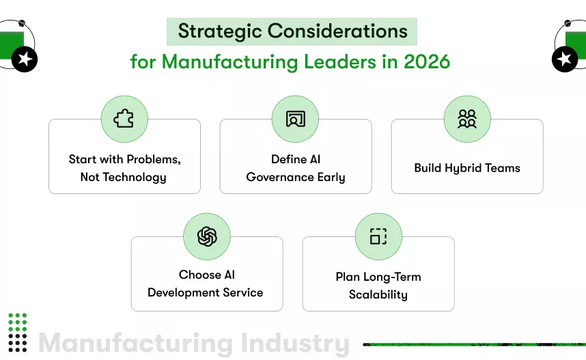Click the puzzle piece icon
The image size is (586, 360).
coord(124,119)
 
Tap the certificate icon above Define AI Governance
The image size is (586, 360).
coord(295,119)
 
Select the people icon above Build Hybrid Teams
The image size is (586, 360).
coord(467,119)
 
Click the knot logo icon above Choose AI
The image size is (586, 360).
coord(207,236)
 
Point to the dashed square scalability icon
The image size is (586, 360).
coord(378,236)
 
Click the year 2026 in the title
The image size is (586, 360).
coord(427,61)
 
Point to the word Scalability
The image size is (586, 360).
coord(378,294)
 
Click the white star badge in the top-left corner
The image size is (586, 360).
coord(26,59)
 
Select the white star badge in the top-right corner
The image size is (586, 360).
coord(563,59)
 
